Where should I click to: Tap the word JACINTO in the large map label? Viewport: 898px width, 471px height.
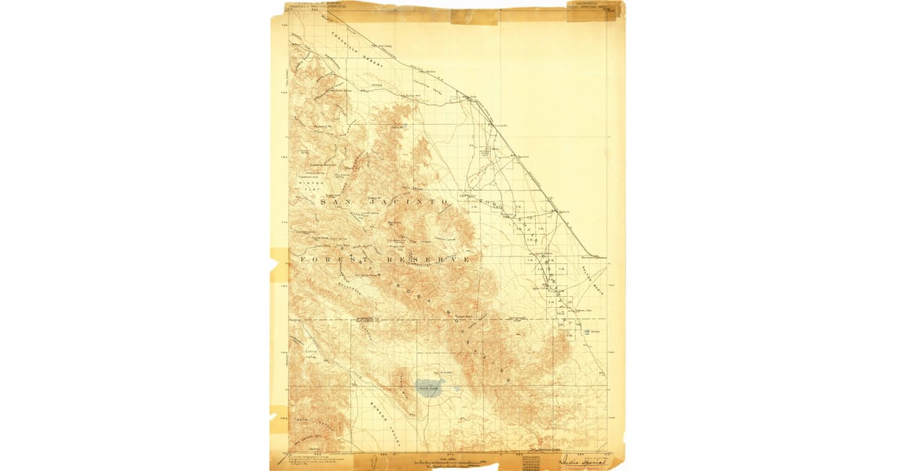coord(407,203)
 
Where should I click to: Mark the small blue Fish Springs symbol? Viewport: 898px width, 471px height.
coord(587,332)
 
